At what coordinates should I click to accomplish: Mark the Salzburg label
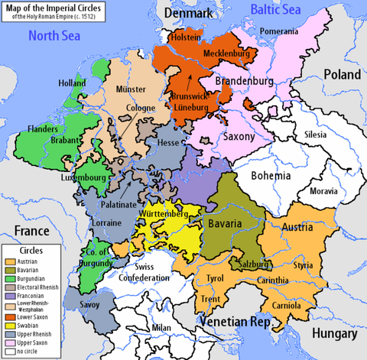tap(255, 264)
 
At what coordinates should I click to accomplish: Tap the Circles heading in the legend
tap(32, 250)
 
